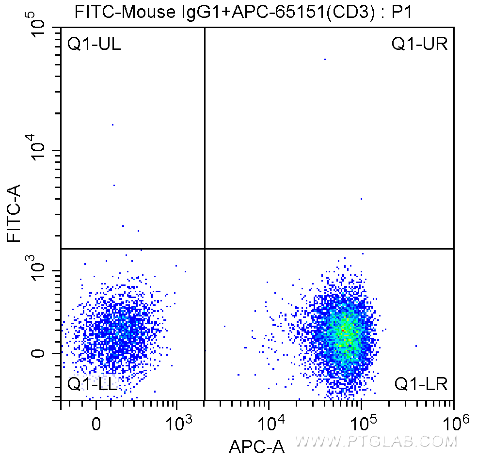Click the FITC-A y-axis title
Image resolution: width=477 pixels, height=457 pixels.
14,213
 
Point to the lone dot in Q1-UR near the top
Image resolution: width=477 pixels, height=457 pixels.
325,59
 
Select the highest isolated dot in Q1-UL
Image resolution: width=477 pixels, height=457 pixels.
112,125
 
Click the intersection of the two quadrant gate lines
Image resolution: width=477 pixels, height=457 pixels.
205,249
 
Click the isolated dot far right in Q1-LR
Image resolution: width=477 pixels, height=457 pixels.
416,346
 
